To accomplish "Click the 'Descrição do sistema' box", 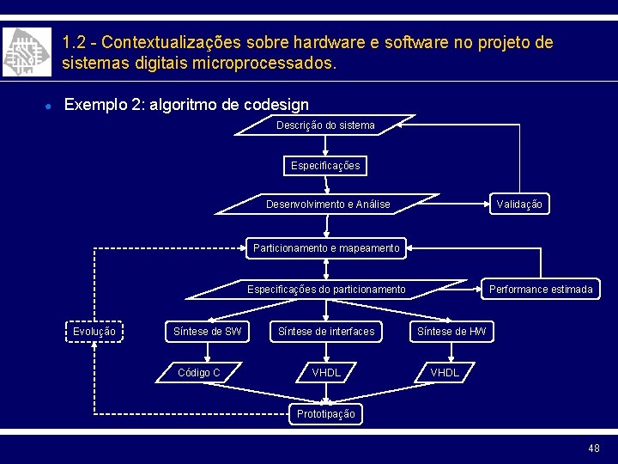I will tap(325, 125).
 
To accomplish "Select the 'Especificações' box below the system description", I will tap(325, 165).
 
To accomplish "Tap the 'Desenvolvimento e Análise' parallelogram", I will tap(327, 205).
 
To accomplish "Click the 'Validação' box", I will tap(519, 205).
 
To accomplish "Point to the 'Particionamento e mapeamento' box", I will tap(326, 248).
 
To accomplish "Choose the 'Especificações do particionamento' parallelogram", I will tap(326, 290).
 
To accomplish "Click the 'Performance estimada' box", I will tap(541, 290).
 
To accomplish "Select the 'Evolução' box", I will tap(94, 331).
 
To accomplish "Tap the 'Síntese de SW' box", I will tap(208, 331).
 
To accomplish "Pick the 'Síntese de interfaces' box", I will tap(326, 331).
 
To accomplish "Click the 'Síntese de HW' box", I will tap(451, 331).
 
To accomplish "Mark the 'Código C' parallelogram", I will tap(199, 372).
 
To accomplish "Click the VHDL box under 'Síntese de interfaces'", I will tap(326, 372).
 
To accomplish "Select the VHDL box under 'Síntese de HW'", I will tap(444, 372).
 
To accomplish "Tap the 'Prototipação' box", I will tap(326, 413).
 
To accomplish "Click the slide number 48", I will tap(594, 449).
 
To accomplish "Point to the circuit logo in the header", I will tap(21, 52).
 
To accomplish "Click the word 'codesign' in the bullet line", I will tap(276, 105).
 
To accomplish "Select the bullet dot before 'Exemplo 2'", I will tap(51, 106).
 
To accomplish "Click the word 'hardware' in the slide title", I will tap(325, 42).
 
